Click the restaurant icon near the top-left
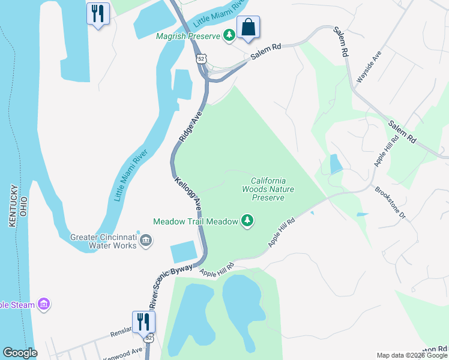[98, 13]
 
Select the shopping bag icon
[248, 26]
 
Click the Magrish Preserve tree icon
[229, 36]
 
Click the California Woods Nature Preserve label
[268, 189]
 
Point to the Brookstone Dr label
[391, 205]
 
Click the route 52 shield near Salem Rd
[201, 58]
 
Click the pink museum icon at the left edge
[43, 305]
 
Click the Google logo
[20, 353]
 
